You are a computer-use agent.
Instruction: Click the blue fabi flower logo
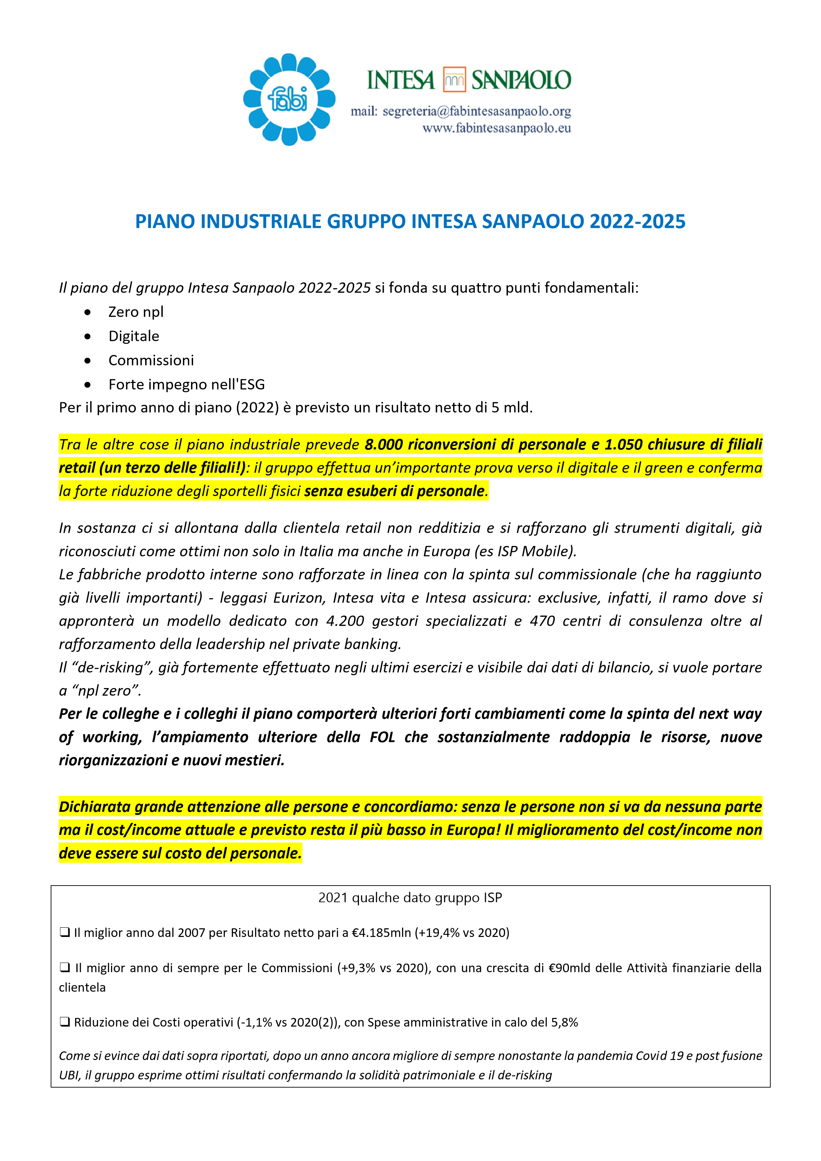[289, 99]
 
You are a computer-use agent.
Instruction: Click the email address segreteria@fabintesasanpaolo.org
[477, 111]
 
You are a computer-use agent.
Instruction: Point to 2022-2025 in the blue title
[637, 222]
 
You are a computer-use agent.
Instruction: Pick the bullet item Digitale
[133, 336]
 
